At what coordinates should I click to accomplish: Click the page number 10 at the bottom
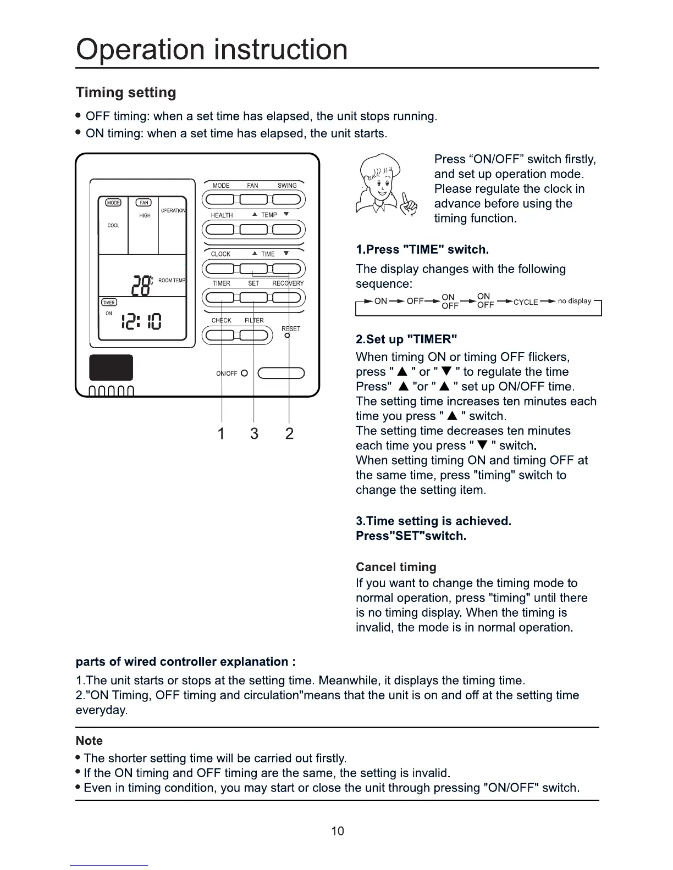tap(337, 830)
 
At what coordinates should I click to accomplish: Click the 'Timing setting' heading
tap(126, 92)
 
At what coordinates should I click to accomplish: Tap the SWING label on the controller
tap(287, 186)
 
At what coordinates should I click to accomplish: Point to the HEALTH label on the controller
tap(222, 215)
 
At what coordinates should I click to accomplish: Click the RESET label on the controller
tap(291, 328)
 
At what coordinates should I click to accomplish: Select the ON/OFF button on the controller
tap(280, 373)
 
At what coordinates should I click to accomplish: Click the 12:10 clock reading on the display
tap(141, 321)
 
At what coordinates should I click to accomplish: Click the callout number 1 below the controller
tap(221, 434)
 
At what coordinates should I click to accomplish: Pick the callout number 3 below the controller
tap(254, 434)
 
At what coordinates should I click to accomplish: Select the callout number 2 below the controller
tap(289, 434)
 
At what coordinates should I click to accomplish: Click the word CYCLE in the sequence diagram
tap(526, 302)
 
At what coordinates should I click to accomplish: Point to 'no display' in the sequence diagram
tap(575, 301)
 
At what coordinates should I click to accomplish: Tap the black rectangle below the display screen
tap(111, 367)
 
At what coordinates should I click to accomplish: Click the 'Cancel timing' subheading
tap(396, 567)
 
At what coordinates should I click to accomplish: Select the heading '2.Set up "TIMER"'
tap(406, 339)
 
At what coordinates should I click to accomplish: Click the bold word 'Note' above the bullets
tap(89, 741)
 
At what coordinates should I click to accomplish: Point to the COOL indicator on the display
tap(113, 225)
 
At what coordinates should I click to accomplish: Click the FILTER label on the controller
tap(254, 320)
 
